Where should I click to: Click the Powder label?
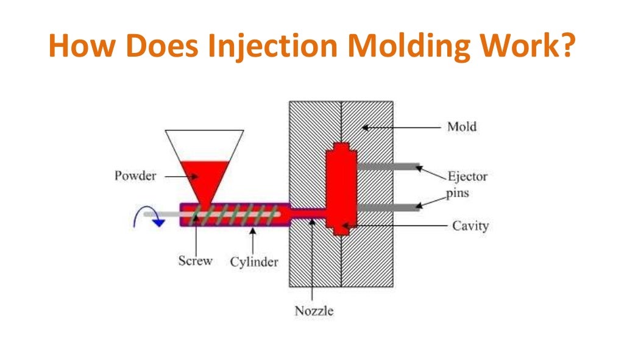(135, 176)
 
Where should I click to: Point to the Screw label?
(195, 261)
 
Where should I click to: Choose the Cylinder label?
(254, 262)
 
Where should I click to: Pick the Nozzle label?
(314, 311)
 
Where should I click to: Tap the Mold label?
(461, 127)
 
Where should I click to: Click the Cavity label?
(470, 226)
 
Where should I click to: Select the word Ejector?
(467, 177)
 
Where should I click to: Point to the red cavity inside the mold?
(341, 189)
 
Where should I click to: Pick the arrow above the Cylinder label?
(252, 241)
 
